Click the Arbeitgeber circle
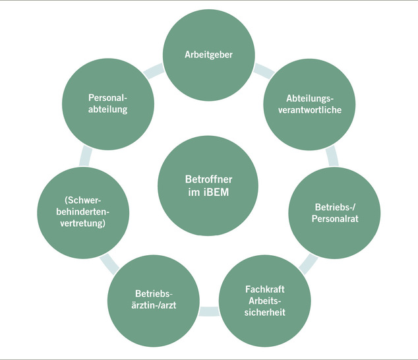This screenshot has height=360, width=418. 208,55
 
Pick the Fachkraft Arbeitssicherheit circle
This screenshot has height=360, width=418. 264,301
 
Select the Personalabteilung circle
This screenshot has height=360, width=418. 107,104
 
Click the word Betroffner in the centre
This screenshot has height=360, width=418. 208,179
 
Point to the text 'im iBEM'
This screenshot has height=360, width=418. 208,193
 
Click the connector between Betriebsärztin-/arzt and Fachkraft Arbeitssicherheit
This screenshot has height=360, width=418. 209,311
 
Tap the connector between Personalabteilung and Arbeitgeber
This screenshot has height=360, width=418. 158,68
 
